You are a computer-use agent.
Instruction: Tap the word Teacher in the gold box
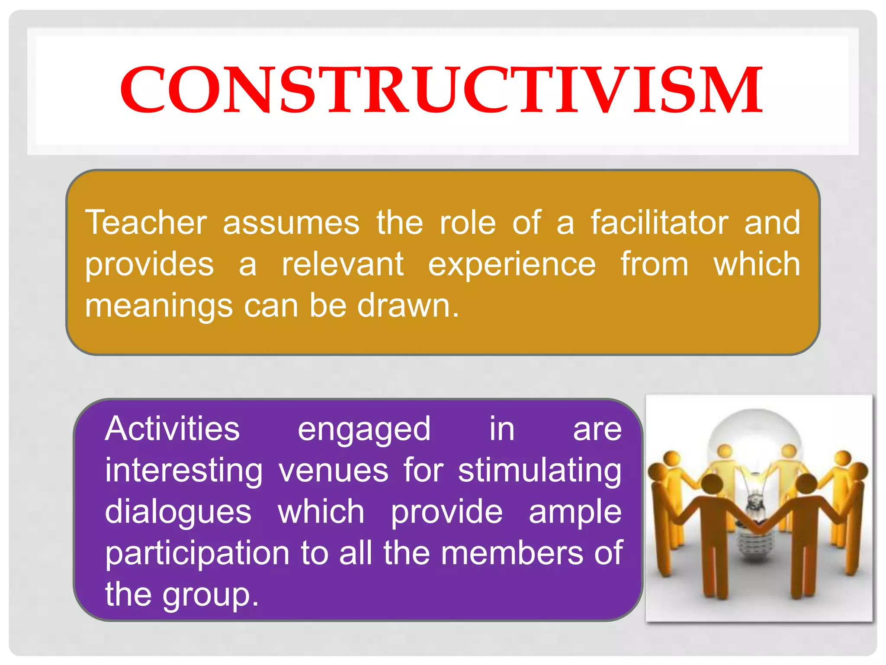[146, 223]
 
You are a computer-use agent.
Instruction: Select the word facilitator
[660, 223]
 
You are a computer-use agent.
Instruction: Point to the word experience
[512, 265]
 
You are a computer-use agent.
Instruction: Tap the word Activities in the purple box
[172, 429]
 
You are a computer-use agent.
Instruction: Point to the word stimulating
[539, 471]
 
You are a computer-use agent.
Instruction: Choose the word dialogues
[178, 513]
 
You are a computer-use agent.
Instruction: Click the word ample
[575, 513]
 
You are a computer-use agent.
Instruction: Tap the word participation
[197, 554]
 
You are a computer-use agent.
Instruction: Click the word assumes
[291, 223]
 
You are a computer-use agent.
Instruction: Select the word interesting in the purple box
[183, 471]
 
